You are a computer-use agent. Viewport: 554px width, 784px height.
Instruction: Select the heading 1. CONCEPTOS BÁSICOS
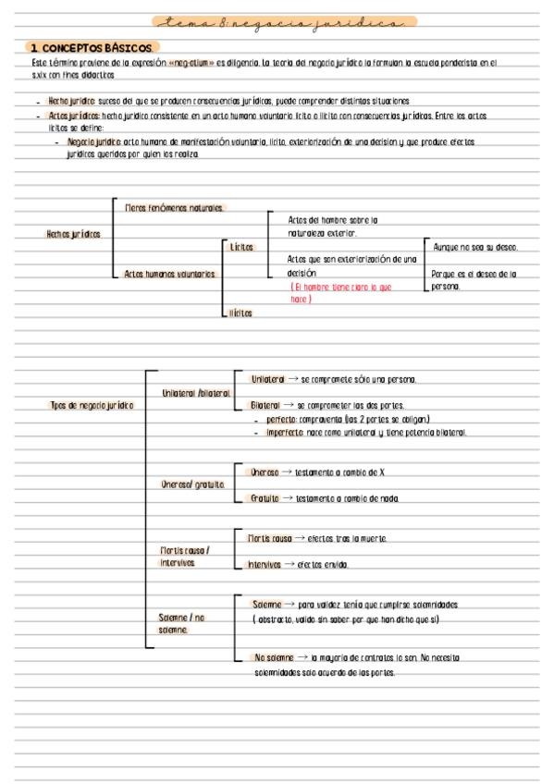pos(93,47)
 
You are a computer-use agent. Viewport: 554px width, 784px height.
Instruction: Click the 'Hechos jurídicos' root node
pos(73,234)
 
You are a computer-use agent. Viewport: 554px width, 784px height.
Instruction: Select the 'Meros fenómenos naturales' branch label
pos(174,208)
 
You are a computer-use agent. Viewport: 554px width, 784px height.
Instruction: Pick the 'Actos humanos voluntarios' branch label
pos(169,274)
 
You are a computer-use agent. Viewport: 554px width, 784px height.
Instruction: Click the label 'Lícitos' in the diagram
pos(240,247)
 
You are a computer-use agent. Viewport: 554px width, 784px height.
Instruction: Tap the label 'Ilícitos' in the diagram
pos(240,312)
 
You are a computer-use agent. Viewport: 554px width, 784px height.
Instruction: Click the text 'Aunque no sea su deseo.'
pos(475,248)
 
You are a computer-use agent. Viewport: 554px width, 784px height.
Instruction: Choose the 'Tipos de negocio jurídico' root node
pos(91,405)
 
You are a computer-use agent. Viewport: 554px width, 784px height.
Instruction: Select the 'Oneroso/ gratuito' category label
pos(192,484)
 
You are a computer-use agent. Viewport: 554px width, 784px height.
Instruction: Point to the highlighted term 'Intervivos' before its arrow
pos(262,564)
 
